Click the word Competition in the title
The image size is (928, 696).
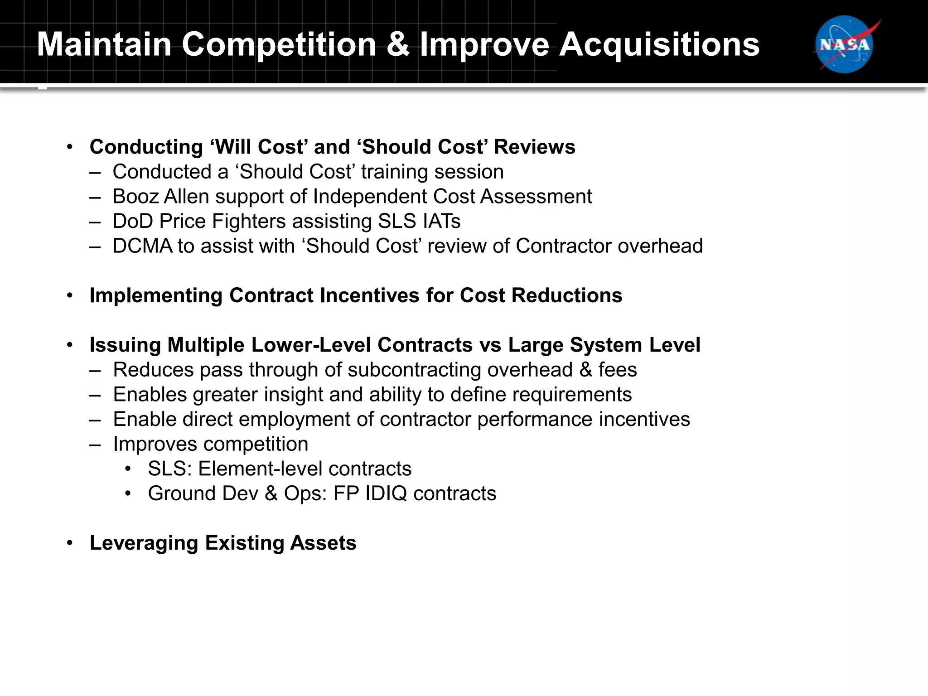[279, 44]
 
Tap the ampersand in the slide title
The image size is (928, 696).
[398, 44]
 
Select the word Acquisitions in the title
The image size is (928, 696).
[659, 44]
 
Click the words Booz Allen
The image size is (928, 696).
[161, 197]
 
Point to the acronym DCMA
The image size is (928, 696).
[142, 246]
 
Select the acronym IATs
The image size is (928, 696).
[441, 222]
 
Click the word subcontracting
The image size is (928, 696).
[414, 370]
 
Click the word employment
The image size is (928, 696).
[294, 419]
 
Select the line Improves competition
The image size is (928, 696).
[210, 444]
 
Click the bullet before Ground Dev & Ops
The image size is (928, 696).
[128, 493]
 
